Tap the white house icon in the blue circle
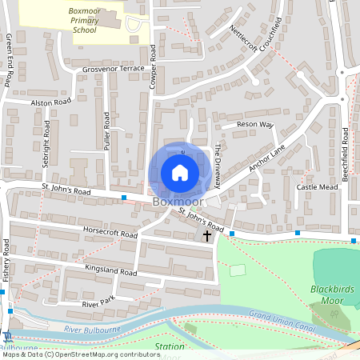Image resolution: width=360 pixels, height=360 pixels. (x=180, y=173)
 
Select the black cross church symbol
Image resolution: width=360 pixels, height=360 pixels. (x=207, y=236)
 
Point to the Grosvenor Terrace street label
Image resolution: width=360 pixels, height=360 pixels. (x=113, y=70)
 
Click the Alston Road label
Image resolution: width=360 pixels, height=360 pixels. (x=50, y=103)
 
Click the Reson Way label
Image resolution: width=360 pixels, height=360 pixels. (x=255, y=126)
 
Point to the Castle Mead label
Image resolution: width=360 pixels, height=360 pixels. (x=318, y=186)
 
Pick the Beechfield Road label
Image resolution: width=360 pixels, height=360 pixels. (x=346, y=152)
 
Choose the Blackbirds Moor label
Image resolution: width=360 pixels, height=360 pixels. (x=330, y=294)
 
